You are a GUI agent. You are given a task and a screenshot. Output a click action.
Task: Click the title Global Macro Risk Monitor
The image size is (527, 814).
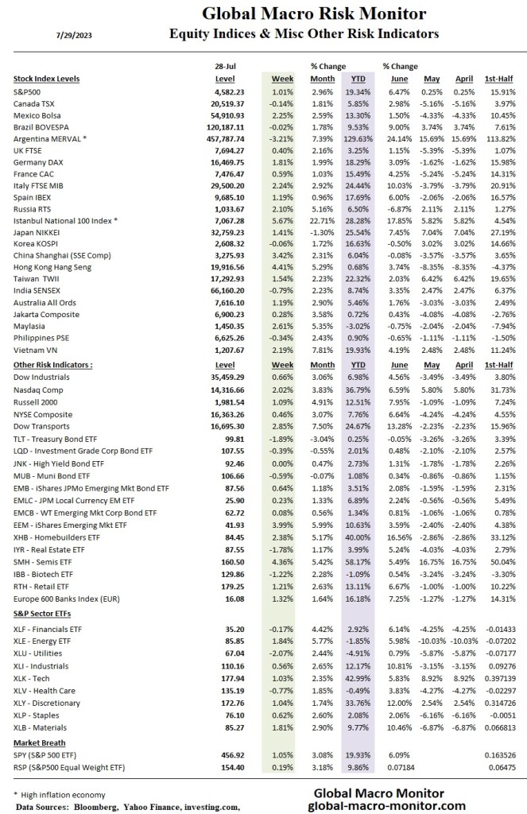313,14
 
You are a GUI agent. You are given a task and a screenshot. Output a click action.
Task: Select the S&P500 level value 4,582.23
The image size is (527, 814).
225,92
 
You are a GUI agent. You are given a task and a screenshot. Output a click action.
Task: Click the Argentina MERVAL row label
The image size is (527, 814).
53,138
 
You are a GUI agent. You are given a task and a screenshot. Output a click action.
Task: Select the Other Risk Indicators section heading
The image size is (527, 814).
53,364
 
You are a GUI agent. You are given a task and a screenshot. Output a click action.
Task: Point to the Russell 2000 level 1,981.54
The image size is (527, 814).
225,403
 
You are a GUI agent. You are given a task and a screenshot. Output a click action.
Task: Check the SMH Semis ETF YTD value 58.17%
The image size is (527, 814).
359,562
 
